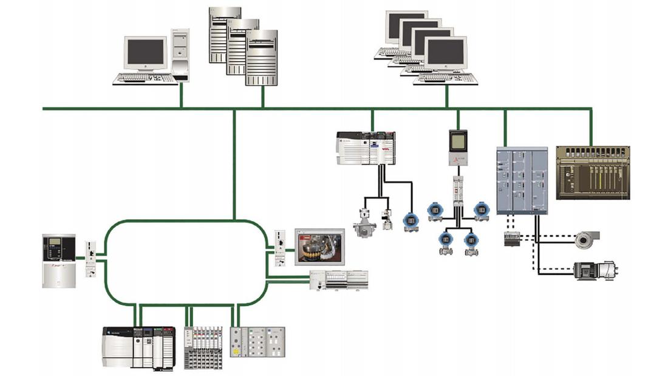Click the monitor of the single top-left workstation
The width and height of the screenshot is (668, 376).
[145, 53]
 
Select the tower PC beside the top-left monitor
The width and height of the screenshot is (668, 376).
[180, 55]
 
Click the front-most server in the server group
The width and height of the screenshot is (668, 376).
[261, 58]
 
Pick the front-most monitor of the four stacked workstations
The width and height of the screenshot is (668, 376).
[445, 54]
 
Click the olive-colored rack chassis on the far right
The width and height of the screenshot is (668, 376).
[593, 173]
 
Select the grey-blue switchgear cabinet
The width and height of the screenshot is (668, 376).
[522, 180]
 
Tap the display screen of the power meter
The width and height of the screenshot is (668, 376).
[458, 141]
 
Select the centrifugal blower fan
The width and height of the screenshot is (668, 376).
[587, 239]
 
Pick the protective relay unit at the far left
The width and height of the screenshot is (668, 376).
[59, 260]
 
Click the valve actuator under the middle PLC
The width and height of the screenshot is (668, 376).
[365, 222]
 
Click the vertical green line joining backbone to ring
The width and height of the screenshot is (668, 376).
[234, 164]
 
